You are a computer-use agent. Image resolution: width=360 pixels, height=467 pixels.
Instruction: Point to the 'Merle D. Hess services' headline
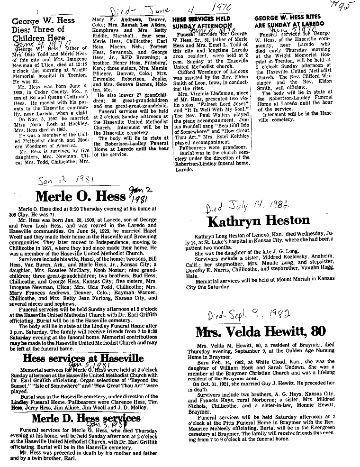coord(86,418)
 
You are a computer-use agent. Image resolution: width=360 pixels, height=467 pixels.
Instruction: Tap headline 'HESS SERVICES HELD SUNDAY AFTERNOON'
coord(201,22)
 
